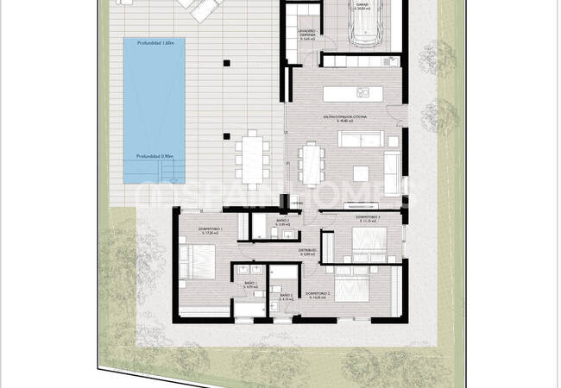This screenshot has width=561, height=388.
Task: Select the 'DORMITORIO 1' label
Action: point(211,228)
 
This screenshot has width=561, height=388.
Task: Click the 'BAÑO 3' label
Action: point(282,222)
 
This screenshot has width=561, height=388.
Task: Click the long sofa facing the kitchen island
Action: point(361,138)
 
